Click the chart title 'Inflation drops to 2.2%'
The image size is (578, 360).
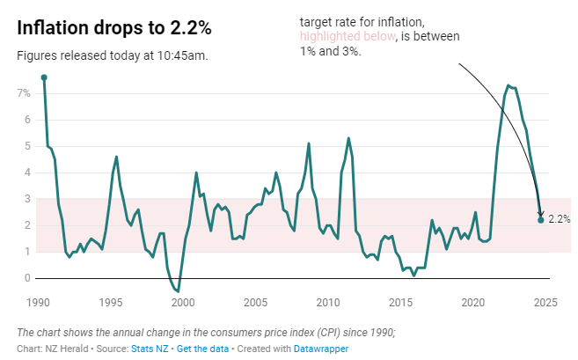(x=114, y=27)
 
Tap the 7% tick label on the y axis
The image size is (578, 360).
(x=24, y=92)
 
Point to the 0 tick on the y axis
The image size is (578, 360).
(x=27, y=278)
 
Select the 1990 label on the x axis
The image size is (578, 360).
(x=37, y=303)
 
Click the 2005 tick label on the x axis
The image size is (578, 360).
(x=255, y=303)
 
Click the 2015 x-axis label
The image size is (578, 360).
(x=400, y=303)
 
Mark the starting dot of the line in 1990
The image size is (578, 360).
(x=44, y=77)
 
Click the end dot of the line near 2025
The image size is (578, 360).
(x=540, y=219)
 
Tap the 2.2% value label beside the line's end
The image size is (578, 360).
(x=560, y=219)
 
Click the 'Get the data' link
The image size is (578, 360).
(x=202, y=349)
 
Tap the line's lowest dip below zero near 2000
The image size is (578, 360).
(x=178, y=290)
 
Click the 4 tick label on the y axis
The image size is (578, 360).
(x=27, y=173)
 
